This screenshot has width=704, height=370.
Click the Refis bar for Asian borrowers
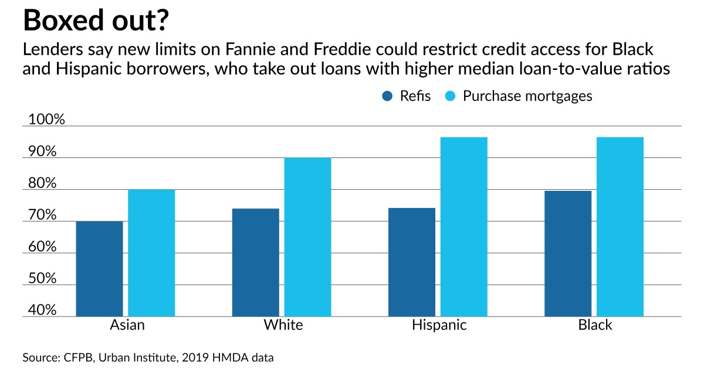click(99, 269)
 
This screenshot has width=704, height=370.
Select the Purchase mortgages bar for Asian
click(151, 253)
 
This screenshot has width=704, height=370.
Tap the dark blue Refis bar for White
click(255, 263)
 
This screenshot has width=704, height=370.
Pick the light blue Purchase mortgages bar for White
click(307, 237)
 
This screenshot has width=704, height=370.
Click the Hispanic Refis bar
click(412, 263)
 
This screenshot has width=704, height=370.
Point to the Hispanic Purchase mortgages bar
click(464, 227)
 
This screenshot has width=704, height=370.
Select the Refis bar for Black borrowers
click(568, 254)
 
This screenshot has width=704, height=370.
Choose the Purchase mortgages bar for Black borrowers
click(620, 227)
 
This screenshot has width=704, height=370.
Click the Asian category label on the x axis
click(127, 325)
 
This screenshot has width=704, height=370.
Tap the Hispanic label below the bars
click(439, 325)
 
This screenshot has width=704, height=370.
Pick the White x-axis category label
click(283, 325)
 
